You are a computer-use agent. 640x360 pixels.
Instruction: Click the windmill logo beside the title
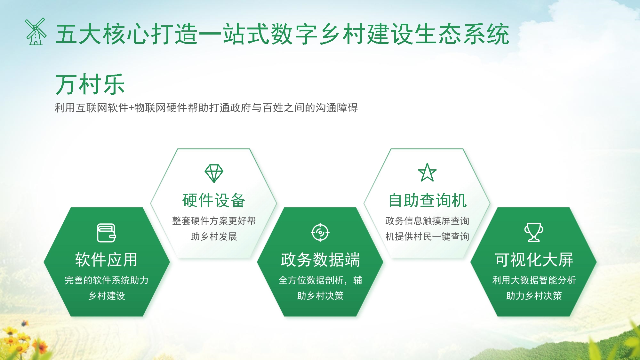(36, 32)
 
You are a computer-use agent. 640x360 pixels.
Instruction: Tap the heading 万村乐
(90, 84)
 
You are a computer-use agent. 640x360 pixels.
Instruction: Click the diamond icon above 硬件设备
(214, 173)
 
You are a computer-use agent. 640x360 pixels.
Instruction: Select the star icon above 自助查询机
(427, 172)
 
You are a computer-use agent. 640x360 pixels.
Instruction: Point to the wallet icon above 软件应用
(106, 233)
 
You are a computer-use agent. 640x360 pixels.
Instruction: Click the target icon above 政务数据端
(320, 232)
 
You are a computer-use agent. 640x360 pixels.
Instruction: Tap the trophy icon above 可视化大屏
(533, 232)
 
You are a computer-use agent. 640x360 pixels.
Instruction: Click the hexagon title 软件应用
(106, 260)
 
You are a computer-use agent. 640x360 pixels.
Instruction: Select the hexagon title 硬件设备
(214, 200)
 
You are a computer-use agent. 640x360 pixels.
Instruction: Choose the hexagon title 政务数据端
(320, 260)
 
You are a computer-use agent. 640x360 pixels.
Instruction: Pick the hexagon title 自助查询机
(427, 200)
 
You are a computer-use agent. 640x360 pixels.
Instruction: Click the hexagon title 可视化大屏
(534, 260)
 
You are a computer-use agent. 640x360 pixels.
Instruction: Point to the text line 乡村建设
(107, 296)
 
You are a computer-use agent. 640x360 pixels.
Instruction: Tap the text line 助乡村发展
(214, 236)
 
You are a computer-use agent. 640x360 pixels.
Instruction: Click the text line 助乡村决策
(320, 296)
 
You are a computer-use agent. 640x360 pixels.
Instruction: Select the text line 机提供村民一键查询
(427, 236)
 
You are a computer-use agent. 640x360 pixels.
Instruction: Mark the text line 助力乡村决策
(534, 296)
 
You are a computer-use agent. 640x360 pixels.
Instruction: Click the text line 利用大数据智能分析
(534, 280)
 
